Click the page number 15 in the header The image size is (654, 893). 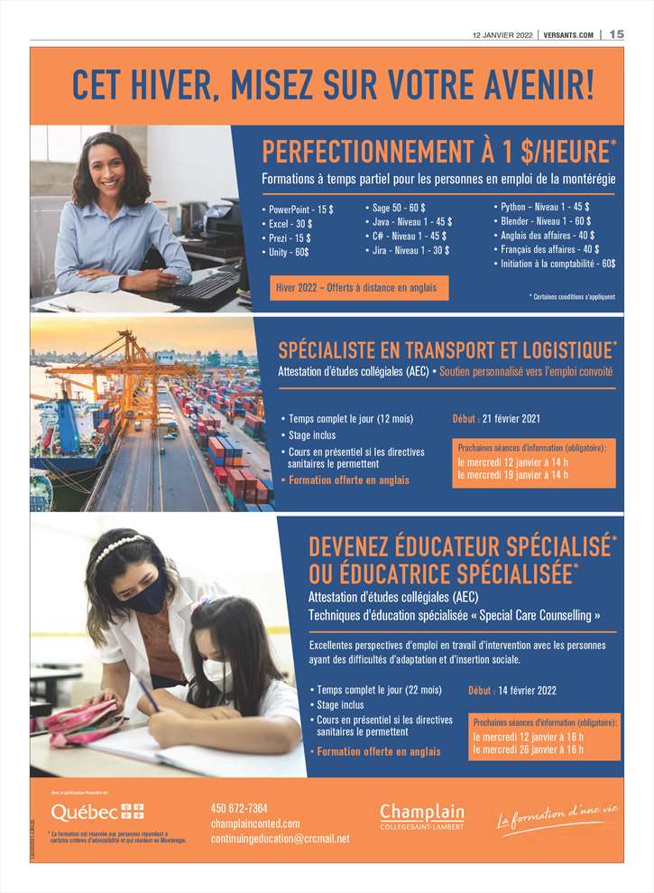point(616,34)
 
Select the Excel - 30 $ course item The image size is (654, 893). point(291,223)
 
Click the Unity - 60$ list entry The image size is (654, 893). point(290,252)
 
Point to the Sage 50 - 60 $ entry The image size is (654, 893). point(400,208)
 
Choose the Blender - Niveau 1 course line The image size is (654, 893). point(546,220)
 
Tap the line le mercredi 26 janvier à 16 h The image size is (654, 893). point(529,749)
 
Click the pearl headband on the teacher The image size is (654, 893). point(119,545)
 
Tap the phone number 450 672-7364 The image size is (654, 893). point(239,807)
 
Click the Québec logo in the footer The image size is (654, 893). point(97,811)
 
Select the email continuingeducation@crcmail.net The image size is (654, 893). point(280,839)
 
